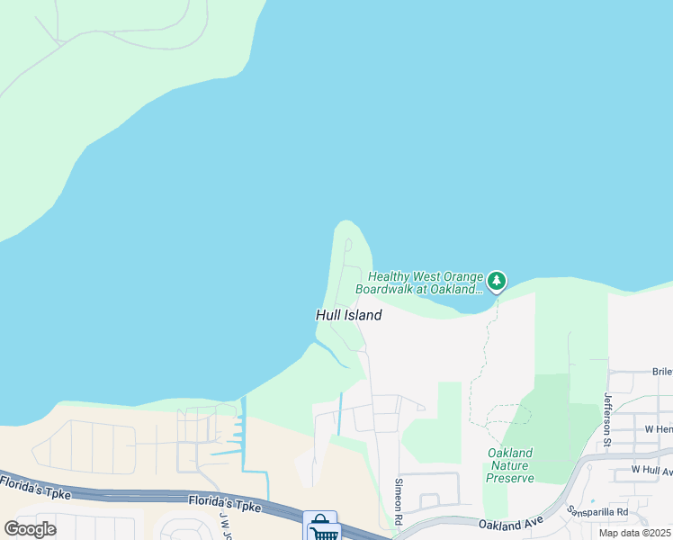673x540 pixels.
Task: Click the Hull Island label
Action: (348, 315)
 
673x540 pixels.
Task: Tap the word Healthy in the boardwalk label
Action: (389, 276)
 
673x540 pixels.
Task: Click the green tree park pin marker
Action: (496, 282)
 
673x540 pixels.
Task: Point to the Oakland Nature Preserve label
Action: (510, 465)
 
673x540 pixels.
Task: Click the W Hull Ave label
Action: (651, 470)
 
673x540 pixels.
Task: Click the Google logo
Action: (30, 528)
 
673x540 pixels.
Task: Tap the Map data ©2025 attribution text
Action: (635, 533)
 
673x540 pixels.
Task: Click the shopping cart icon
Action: (321, 527)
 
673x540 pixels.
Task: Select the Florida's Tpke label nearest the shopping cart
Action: (224, 503)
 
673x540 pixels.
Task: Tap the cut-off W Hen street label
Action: (659, 430)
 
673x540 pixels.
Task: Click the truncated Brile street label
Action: (662, 371)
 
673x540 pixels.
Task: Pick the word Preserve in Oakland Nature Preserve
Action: (510, 478)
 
